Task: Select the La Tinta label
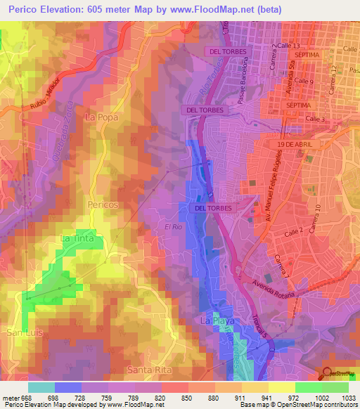[x=78, y=239]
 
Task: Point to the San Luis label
[x=22, y=331]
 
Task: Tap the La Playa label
[x=217, y=321]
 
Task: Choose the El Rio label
[x=174, y=227]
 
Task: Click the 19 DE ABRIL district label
[x=299, y=143]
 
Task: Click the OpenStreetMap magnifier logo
[x=328, y=374]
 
